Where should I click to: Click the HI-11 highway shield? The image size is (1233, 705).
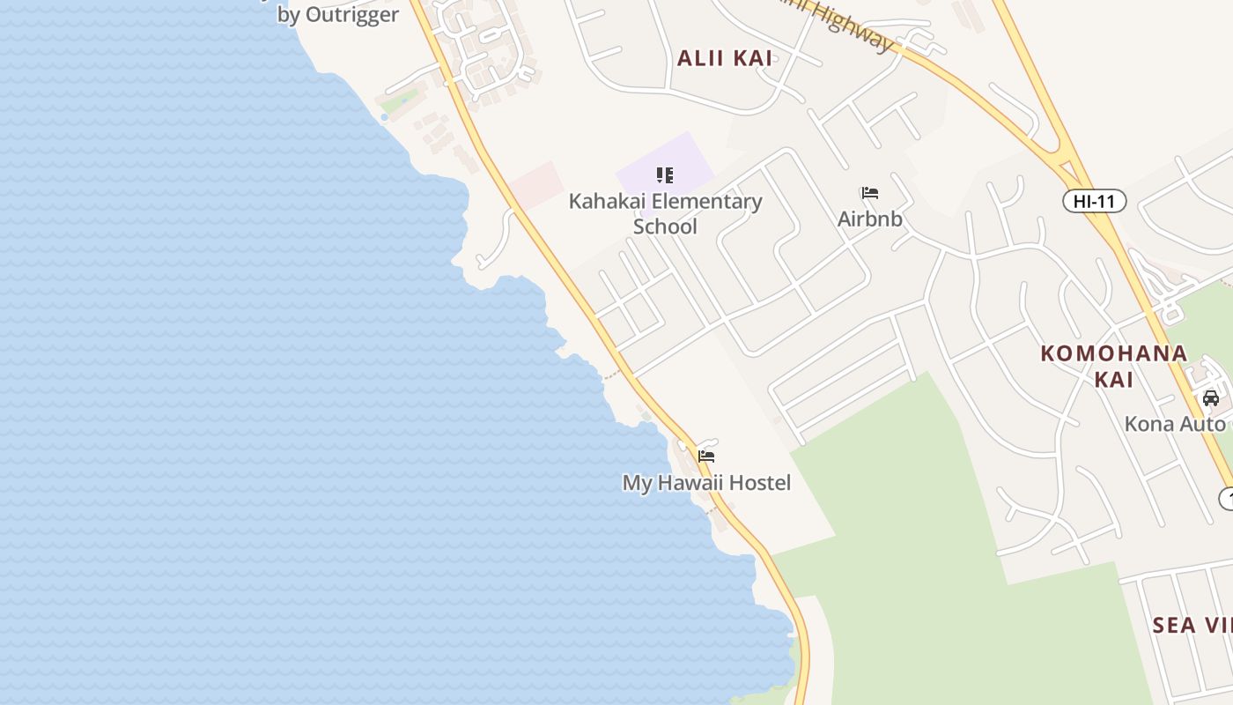tap(1094, 201)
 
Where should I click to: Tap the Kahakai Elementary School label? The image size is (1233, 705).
tap(665, 213)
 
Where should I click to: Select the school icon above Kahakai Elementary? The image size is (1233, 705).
tap(665, 174)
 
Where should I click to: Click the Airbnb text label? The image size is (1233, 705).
tap(870, 219)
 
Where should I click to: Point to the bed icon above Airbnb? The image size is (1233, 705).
tap(870, 192)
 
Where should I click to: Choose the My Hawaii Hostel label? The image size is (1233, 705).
tap(706, 483)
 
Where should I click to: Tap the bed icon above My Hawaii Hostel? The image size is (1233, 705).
tap(706, 456)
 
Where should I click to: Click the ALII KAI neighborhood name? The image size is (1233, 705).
tap(724, 58)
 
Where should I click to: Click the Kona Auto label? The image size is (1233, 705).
tap(1174, 424)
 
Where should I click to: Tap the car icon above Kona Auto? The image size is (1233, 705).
tap(1211, 397)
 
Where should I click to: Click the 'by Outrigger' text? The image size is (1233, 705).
tap(337, 15)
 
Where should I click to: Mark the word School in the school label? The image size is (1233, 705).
tap(665, 226)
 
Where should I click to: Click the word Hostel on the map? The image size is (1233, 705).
tap(759, 483)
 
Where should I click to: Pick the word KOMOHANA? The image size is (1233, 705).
tap(1113, 353)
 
